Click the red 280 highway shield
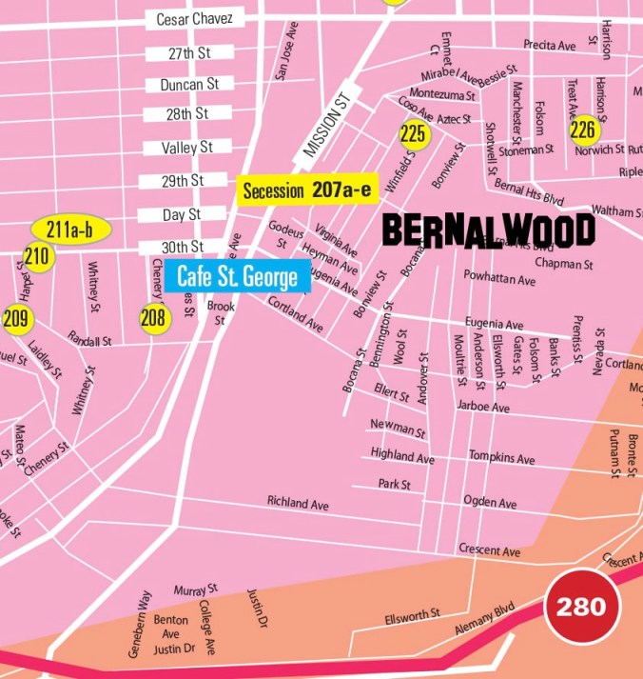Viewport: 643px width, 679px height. [581, 607]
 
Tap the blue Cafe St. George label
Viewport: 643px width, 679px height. [238, 277]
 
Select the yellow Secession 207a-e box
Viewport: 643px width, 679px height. [306, 190]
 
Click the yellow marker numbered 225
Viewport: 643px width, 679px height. [413, 134]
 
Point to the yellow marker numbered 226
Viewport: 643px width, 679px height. [582, 130]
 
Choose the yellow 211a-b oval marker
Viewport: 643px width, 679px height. [71, 230]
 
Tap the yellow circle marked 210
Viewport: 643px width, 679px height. [37, 256]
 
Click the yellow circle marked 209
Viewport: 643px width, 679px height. [15, 318]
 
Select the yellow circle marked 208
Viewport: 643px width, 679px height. [154, 318]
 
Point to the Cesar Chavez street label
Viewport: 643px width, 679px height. [187, 19]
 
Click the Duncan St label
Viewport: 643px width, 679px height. [189, 84]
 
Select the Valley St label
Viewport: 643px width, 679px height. [186, 148]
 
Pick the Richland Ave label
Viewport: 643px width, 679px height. [298, 502]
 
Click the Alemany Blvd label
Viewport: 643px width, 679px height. [484, 618]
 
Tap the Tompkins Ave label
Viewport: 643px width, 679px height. [501, 458]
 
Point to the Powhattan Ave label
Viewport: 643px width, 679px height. [499, 279]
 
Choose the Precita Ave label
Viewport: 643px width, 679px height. [550, 45]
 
